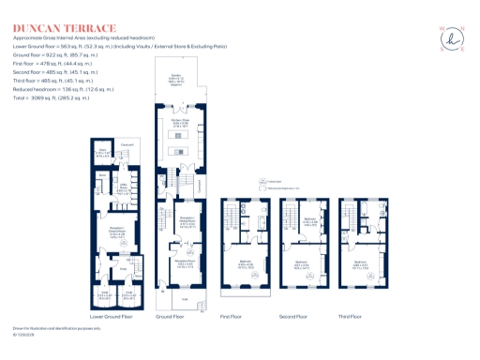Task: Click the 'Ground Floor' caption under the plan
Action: pyautogui.click(x=170, y=317)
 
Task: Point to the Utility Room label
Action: pyautogui.click(x=121, y=188)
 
